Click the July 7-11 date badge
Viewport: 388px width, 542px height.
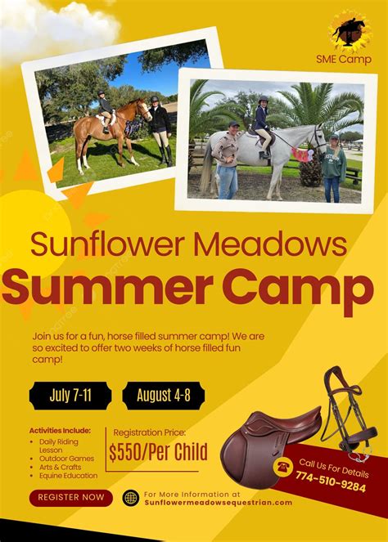click(70, 396)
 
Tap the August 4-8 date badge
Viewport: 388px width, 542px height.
click(164, 396)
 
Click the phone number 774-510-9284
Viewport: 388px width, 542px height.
click(331, 486)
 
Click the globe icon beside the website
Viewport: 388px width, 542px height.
click(130, 497)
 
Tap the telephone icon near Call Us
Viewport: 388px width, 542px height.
click(283, 467)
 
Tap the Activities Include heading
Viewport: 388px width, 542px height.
click(60, 430)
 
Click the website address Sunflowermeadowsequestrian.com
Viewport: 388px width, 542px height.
click(218, 502)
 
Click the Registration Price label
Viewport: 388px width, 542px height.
click(150, 432)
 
